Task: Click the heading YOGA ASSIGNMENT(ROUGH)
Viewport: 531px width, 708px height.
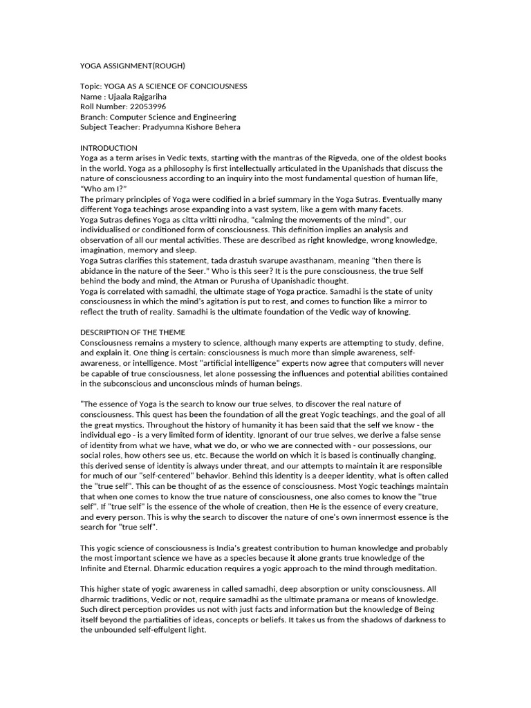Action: [133, 66]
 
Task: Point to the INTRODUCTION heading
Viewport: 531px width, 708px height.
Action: [109, 148]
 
